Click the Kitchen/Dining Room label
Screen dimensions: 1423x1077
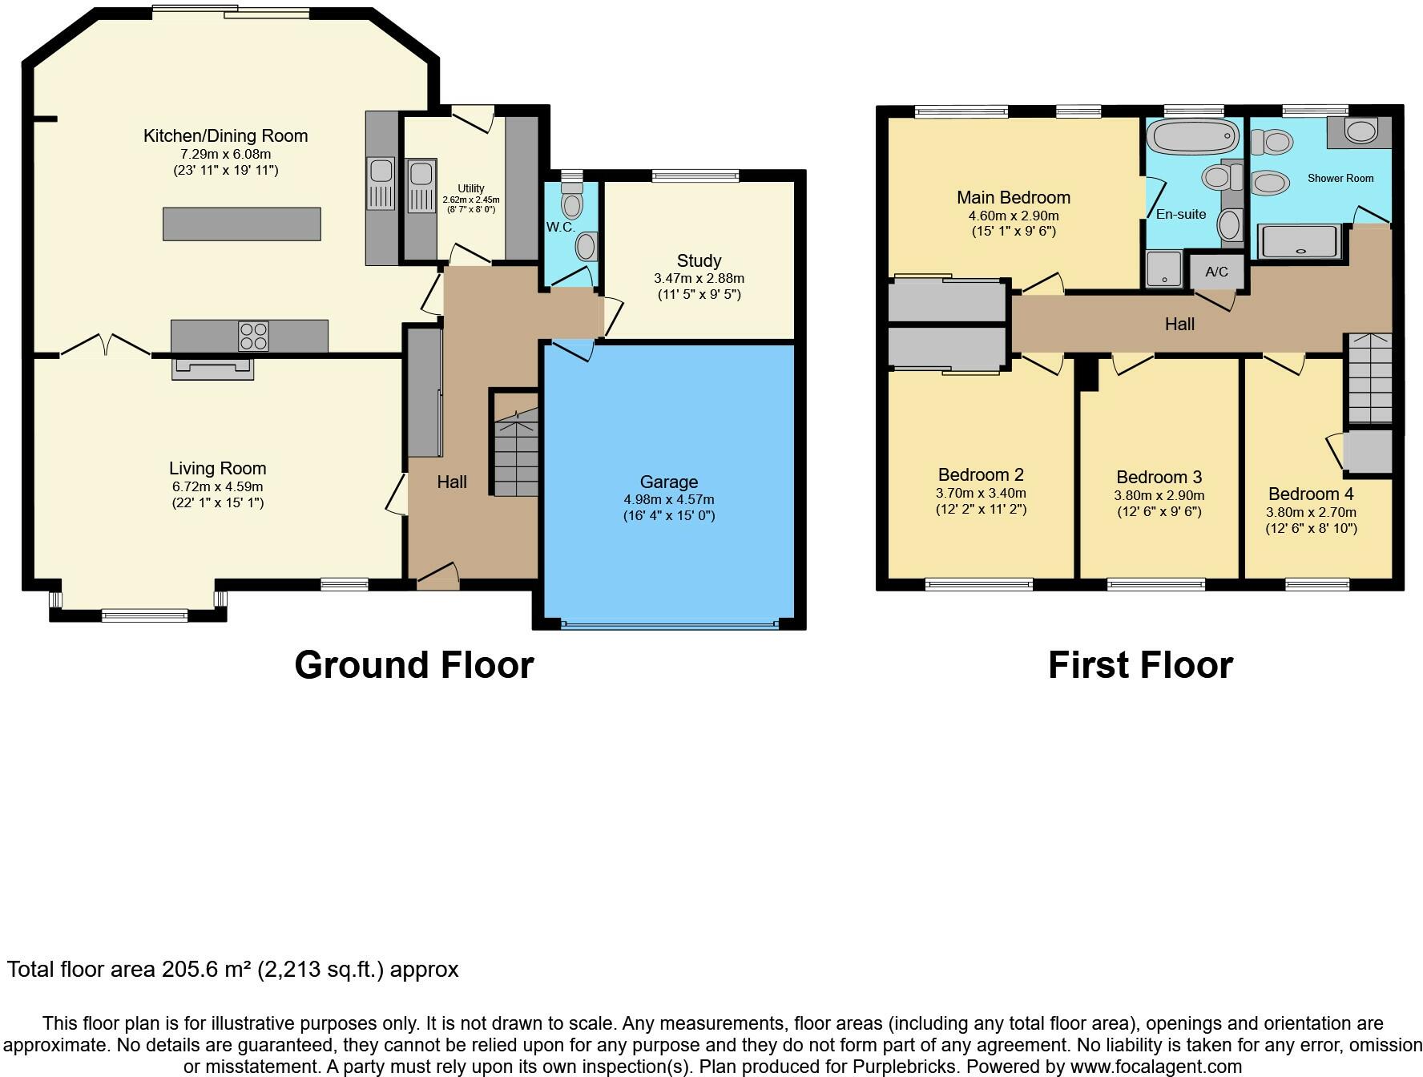[225, 136]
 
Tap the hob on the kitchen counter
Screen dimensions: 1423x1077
[253, 336]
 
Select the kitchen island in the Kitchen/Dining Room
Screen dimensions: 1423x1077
[241, 224]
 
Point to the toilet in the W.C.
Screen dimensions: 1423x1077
[571, 200]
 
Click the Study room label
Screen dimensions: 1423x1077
[699, 260]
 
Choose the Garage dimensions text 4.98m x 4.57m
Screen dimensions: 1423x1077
[669, 499]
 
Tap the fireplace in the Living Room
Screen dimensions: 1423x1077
[212, 368]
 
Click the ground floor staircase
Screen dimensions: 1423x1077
[515, 454]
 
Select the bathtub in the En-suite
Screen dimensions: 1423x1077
[1192, 137]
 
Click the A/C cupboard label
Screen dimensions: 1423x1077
[1216, 272]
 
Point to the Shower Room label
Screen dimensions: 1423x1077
[1340, 178]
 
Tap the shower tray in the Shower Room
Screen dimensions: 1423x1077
[1300, 241]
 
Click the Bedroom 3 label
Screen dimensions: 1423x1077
[1159, 478]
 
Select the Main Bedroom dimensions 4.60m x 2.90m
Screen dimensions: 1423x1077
[1014, 216]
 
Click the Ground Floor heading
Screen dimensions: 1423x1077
[414, 665]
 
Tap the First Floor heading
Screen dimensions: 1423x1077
[1140, 665]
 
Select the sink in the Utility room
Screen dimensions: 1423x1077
[421, 187]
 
